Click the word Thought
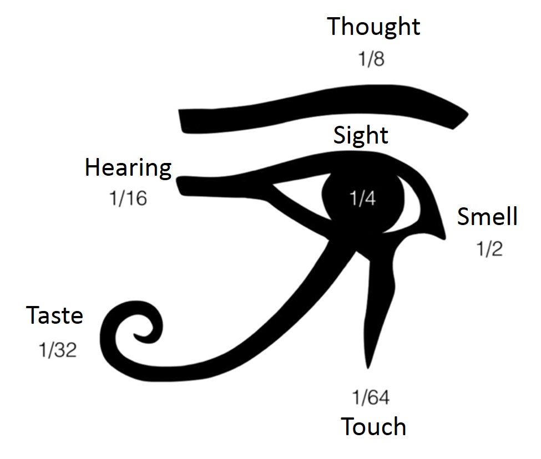click(x=373, y=27)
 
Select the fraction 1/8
click(x=371, y=59)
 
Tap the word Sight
click(x=361, y=135)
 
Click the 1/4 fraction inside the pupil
click(x=362, y=198)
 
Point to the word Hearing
click(x=128, y=167)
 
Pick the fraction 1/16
click(x=128, y=198)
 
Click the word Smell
click(x=487, y=217)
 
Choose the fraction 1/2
click(x=489, y=249)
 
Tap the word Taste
click(x=55, y=315)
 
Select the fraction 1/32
click(x=57, y=350)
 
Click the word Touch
click(x=373, y=427)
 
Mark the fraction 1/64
click(x=371, y=397)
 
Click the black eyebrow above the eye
click(x=322, y=108)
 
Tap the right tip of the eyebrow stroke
click(x=465, y=117)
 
